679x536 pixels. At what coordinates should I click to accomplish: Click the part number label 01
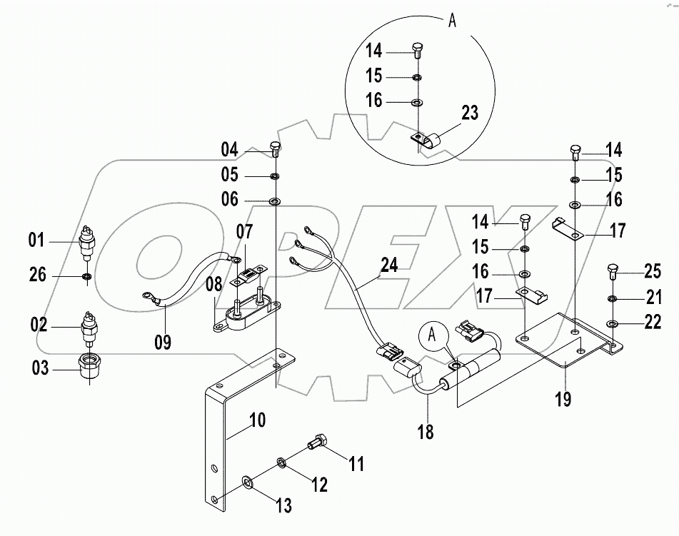point(36,241)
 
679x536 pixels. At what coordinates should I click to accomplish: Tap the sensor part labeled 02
point(90,328)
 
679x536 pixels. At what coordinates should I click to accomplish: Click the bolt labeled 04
point(276,148)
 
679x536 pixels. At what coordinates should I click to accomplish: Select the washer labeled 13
point(247,485)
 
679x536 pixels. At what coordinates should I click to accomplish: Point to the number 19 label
point(563,399)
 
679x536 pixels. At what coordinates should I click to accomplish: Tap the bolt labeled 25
point(612,270)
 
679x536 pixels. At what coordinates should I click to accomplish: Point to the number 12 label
point(318,485)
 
